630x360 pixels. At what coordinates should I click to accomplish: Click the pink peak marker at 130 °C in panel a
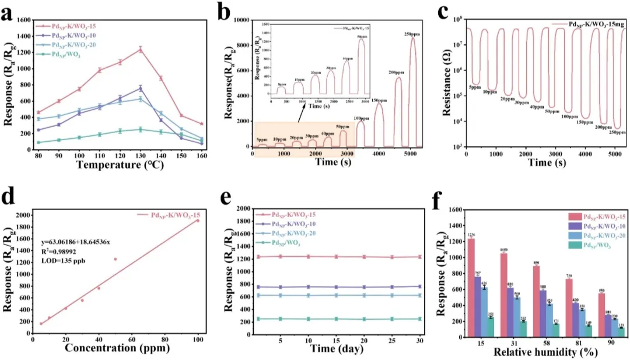pos(140,50)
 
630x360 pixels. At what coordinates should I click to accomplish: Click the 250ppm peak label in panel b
pos(412,34)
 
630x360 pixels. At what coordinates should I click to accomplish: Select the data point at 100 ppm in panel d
pos(198,220)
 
